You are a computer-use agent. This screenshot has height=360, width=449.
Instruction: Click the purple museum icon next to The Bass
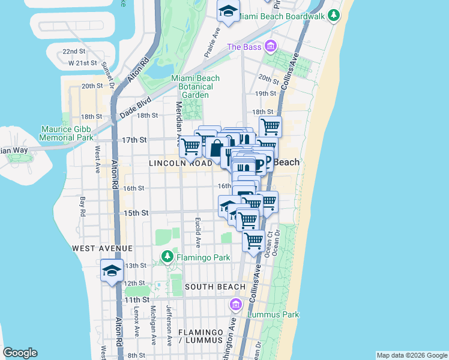tap(271, 46)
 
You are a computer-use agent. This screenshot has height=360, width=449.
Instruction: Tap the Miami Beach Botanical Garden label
tap(195, 86)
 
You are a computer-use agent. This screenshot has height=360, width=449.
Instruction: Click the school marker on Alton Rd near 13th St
tap(112, 271)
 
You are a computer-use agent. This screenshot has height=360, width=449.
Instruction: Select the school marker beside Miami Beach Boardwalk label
tap(228, 12)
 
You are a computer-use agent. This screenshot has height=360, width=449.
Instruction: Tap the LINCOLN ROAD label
tap(181, 163)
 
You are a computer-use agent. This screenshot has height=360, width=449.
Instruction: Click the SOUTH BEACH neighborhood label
tap(215, 287)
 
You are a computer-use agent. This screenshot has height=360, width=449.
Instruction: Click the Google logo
tap(20, 353)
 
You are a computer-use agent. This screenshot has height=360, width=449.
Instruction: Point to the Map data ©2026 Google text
tap(411, 355)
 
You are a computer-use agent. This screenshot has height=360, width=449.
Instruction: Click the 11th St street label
tap(136, 299)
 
